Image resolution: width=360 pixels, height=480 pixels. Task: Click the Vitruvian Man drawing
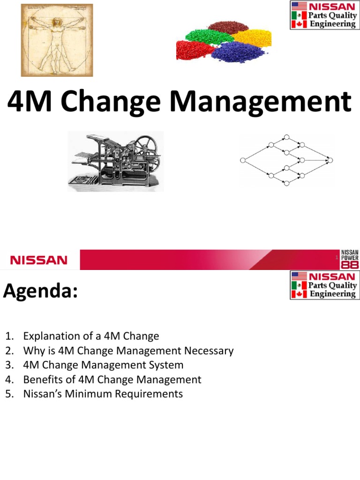(57, 40)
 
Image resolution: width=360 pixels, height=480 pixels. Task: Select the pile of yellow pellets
(252, 37)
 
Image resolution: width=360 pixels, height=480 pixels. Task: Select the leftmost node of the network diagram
(243, 160)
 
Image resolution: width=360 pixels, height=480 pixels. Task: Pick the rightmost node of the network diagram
(330, 160)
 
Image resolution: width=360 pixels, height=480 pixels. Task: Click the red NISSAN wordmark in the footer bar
(39, 260)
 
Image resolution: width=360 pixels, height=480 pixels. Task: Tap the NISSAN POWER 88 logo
(350, 259)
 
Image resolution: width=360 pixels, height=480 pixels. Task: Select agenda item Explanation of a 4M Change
(91, 336)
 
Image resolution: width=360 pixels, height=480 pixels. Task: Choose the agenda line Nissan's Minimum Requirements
(103, 394)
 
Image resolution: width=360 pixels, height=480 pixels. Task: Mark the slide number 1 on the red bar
(337, 259)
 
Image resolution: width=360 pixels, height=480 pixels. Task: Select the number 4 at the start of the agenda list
(8, 379)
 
